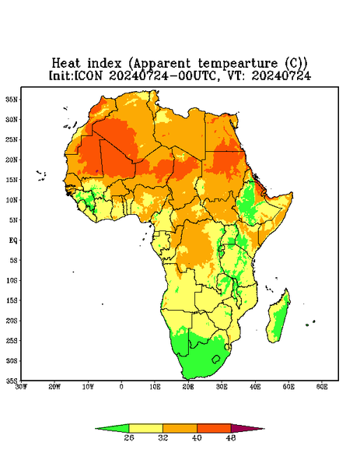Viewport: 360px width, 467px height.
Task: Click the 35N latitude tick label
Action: (x=12, y=100)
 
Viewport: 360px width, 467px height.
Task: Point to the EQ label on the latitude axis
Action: (x=13, y=241)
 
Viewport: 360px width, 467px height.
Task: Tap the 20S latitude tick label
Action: (x=12, y=321)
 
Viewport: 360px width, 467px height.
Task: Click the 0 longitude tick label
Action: (x=121, y=387)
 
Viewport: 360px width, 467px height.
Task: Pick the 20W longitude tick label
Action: (x=54, y=387)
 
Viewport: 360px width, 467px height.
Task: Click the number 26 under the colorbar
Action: (x=129, y=437)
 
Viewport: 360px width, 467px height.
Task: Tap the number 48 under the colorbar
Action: (x=231, y=437)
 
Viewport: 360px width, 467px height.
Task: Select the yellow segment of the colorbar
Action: (x=145, y=428)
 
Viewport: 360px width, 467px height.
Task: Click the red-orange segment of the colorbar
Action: (x=214, y=428)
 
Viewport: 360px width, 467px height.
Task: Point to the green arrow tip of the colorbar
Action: (x=96, y=429)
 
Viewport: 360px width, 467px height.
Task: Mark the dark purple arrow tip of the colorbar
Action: (x=264, y=429)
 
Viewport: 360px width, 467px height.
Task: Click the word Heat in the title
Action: (x=66, y=63)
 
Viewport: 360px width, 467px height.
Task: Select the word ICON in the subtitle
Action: (x=88, y=75)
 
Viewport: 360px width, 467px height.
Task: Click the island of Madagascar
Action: (x=278, y=318)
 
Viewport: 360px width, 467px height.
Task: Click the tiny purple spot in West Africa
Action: (x=96, y=171)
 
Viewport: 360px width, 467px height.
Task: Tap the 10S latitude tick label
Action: (x=12, y=280)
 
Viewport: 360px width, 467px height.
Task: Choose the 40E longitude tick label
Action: (x=255, y=387)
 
